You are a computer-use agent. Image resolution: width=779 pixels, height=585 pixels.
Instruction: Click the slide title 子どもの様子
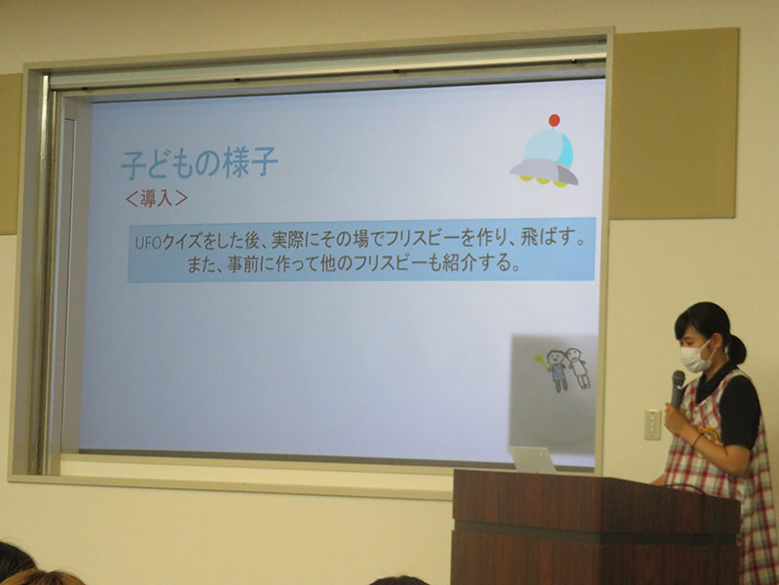pos(200,163)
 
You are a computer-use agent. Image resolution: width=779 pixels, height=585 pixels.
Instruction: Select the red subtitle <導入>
pos(157,199)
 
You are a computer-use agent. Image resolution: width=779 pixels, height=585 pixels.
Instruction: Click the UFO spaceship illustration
pos(544,151)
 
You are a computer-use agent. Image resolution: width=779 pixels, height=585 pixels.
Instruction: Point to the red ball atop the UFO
pos(554,120)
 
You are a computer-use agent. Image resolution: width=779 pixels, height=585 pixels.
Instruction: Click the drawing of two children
pos(563,370)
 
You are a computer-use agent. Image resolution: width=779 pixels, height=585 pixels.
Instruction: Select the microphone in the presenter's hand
pos(677,389)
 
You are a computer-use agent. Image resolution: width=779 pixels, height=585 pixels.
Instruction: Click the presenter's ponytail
pos(736,348)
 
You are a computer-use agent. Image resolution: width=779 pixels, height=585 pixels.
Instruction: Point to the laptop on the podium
pos(532,459)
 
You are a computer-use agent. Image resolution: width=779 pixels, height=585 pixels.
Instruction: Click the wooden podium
pos(595,527)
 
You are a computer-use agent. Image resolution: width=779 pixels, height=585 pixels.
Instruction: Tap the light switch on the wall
pos(652,424)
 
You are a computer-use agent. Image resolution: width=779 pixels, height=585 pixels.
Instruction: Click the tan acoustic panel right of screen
pos(674,124)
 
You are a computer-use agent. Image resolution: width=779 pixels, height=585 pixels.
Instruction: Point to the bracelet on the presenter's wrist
pos(697,440)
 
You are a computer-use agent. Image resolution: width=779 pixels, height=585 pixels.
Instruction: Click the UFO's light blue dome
pos(548,148)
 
